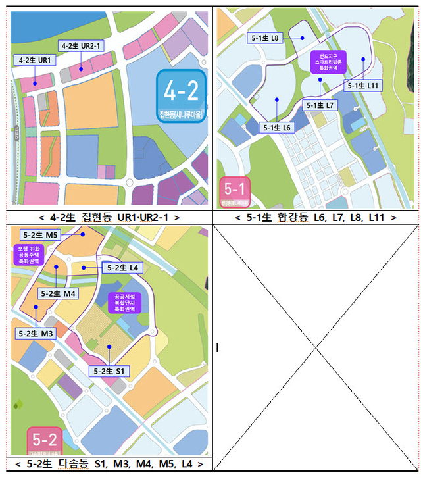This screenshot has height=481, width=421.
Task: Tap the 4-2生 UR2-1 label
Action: tap(81, 46)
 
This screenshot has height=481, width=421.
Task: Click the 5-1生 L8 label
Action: tap(266, 39)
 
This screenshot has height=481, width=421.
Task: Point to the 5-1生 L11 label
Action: tap(363, 86)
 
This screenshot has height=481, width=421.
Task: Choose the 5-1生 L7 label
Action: tap(321, 105)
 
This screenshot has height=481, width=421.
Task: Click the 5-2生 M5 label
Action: tap(41, 234)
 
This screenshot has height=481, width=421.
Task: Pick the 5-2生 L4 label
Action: tap(123, 268)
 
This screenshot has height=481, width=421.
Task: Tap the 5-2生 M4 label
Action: tap(58, 293)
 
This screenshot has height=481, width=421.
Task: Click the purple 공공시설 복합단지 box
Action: tap(124, 301)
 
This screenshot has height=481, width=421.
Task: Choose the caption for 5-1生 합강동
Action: tap(316, 216)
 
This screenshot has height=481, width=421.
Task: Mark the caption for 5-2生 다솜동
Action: tap(109, 465)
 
